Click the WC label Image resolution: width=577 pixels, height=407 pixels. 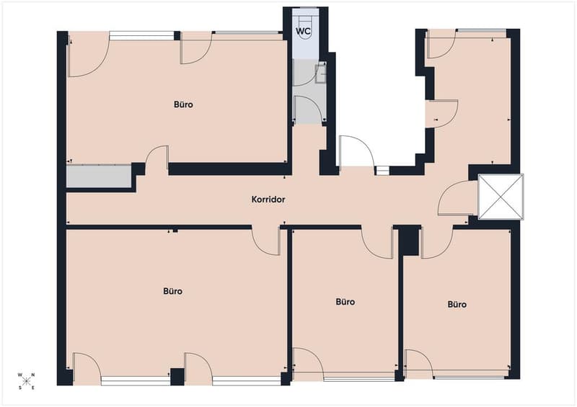pyautogui.click(x=303, y=31)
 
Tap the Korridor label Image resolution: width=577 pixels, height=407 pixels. pyautogui.click(x=268, y=200)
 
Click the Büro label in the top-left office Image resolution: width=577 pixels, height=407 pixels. pyautogui.click(x=183, y=104)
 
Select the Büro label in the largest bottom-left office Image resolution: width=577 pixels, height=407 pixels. pyautogui.click(x=172, y=291)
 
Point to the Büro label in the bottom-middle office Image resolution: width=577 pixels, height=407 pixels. pyautogui.click(x=345, y=302)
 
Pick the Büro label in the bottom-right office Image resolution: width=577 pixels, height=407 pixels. pyautogui.click(x=457, y=305)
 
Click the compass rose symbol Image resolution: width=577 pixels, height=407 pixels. pyautogui.click(x=26, y=381)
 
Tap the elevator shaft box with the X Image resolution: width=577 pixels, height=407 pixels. pyautogui.click(x=501, y=197)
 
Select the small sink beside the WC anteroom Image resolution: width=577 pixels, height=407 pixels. pyautogui.click(x=321, y=73)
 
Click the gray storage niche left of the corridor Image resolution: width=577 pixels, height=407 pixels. pyautogui.click(x=99, y=176)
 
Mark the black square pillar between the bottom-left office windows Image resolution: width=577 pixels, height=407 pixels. pyautogui.click(x=177, y=377)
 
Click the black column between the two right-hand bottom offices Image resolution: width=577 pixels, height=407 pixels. pyautogui.click(x=409, y=241)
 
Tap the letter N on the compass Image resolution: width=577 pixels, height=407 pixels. pyautogui.click(x=32, y=375)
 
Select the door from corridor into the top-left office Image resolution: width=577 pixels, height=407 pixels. pyautogui.click(x=157, y=158)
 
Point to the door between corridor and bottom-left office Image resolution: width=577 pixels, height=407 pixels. pyautogui.click(x=266, y=241)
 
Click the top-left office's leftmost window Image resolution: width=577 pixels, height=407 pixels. pyautogui.click(x=141, y=36)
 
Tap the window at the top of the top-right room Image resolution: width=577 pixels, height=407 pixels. pyautogui.click(x=481, y=30)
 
